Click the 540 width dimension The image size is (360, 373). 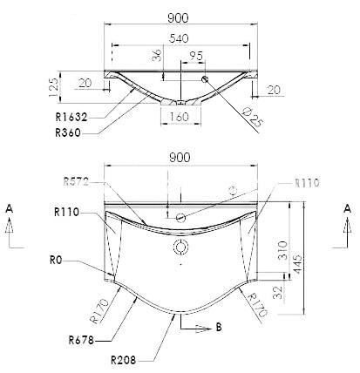click(179, 38)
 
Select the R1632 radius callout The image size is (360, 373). click(71, 117)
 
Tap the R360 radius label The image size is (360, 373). click(68, 132)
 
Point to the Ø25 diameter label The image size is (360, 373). click(252, 117)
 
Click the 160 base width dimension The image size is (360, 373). click(179, 117)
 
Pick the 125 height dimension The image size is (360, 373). click(53, 87)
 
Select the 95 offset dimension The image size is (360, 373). click(196, 56)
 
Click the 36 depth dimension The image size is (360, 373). click(157, 55)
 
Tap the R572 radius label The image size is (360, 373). click(76, 182)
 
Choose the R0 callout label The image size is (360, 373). click(56, 261)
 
